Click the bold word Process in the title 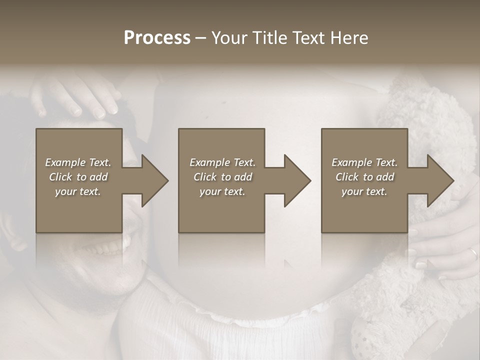[157, 37]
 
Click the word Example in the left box [65, 162]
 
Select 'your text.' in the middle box [221, 191]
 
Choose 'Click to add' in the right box [364, 177]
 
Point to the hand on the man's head [80, 95]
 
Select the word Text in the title [308, 37]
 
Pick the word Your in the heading [228, 37]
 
